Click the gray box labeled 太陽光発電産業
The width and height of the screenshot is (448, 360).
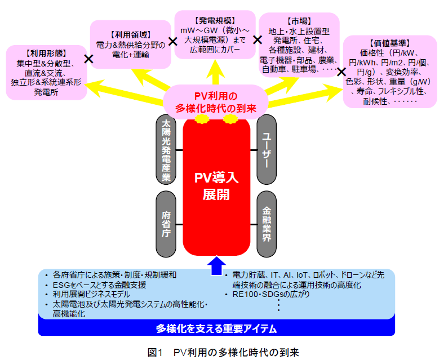pyautogui.click(x=166, y=150)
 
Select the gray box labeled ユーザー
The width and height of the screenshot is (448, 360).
pyautogui.click(x=267, y=150)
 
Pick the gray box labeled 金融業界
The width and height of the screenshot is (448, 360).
pyautogui.click(x=267, y=224)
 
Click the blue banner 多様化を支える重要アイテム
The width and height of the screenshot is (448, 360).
pyautogui.click(x=216, y=328)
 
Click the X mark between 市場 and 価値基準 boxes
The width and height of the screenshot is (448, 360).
pyautogui.click(x=341, y=72)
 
